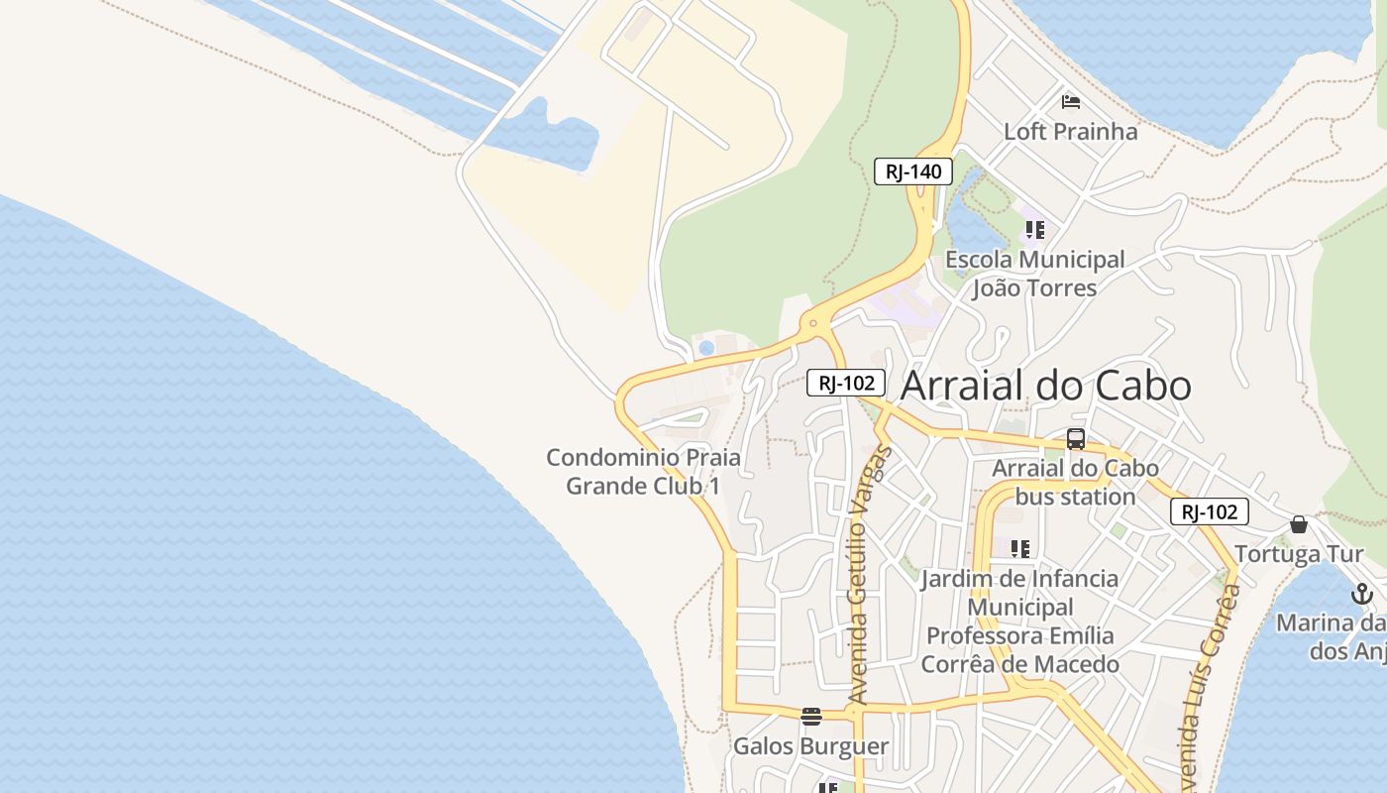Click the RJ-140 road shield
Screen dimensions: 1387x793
click(913, 171)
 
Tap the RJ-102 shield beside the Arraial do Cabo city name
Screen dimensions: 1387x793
click(845, 383)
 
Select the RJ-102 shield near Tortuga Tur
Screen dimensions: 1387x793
click(1209, 511)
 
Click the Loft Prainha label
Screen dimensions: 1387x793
click(1070, 131)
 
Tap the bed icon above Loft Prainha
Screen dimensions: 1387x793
click(1070, 101)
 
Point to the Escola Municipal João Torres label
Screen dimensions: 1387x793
click(1034, 274)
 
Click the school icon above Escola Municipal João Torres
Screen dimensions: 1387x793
click(1034, 230)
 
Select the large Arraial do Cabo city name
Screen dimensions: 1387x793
click(1045, 386)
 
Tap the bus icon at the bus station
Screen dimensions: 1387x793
click(1076, 439)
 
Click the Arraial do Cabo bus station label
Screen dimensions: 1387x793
click(1075, 482)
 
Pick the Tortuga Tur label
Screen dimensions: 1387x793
click(1299, 553)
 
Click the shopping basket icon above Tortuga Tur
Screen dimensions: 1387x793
click(1299, 524)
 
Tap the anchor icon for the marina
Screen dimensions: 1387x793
click(1362, 594)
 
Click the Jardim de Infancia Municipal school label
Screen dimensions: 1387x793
click(1019, 621)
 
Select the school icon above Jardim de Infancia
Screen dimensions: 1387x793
click(1019, 548)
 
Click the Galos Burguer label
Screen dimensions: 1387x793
click(810, 745)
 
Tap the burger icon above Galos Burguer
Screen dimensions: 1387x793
click(811, 716)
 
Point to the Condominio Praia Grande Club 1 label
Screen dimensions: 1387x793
click(643, 472)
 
